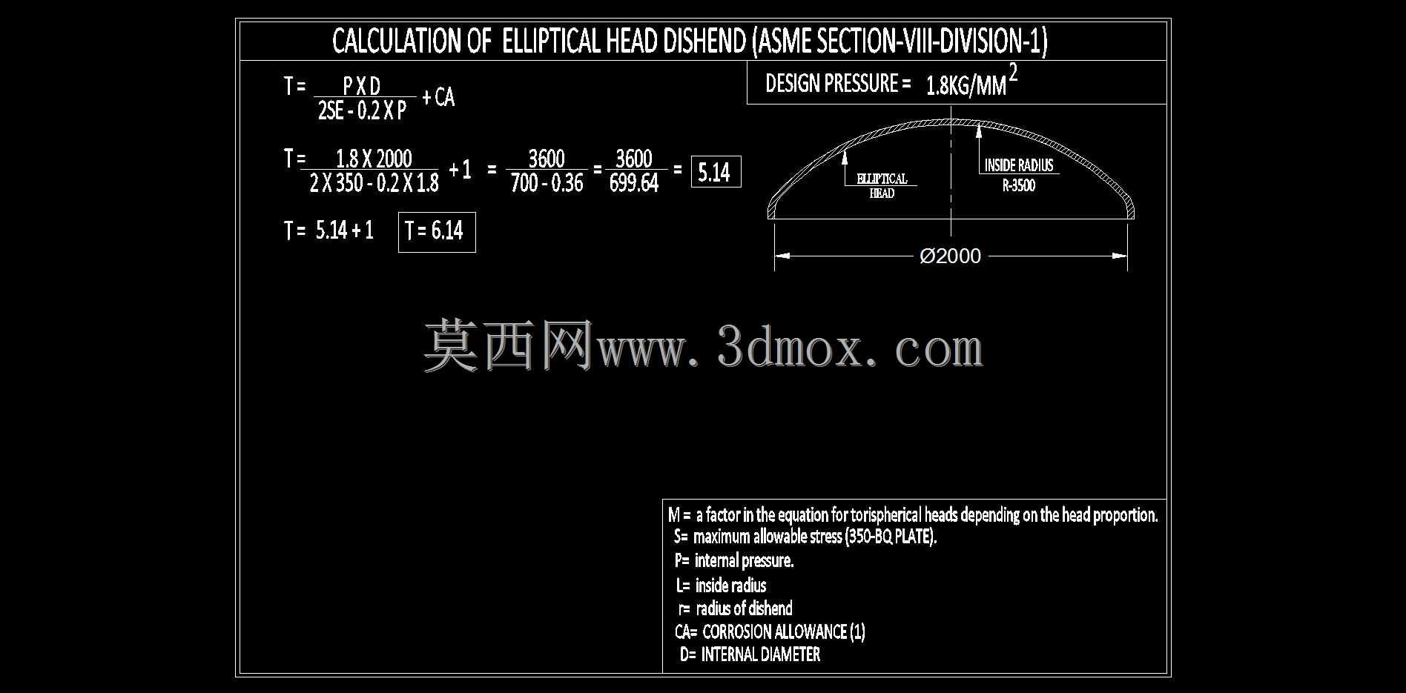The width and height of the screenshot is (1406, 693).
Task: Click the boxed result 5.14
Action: (x=716, y=172)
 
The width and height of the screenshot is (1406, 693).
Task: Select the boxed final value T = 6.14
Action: (x=437, y=232)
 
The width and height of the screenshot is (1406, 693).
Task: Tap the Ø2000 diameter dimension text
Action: (x=951, y=256)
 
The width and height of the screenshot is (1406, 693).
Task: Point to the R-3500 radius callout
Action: (x=1019, y=185)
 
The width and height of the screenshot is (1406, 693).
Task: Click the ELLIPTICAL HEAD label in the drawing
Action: (x=882, y=185)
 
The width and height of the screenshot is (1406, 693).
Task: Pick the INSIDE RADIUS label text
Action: (x=1019, y=165)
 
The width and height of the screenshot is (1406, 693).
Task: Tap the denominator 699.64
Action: (x=634, y=183)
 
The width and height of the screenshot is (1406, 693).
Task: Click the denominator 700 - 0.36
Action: (x=547, y=183)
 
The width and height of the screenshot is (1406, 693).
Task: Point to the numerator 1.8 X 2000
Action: (x=374, y=159)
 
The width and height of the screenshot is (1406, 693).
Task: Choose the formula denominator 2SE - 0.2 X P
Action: (x=362, y=110)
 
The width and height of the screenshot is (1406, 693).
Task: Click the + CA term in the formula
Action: (x=438, y=97)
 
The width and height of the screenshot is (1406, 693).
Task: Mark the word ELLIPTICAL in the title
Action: (x=551, y=41)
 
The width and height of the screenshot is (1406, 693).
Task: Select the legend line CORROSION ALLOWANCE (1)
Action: (x=784, y=631)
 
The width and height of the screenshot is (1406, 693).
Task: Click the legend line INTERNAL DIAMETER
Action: (x=761, y=654)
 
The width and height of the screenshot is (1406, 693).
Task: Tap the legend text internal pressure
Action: (x=744, y=560)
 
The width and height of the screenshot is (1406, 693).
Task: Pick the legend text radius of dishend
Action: (x=744, y=609)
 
